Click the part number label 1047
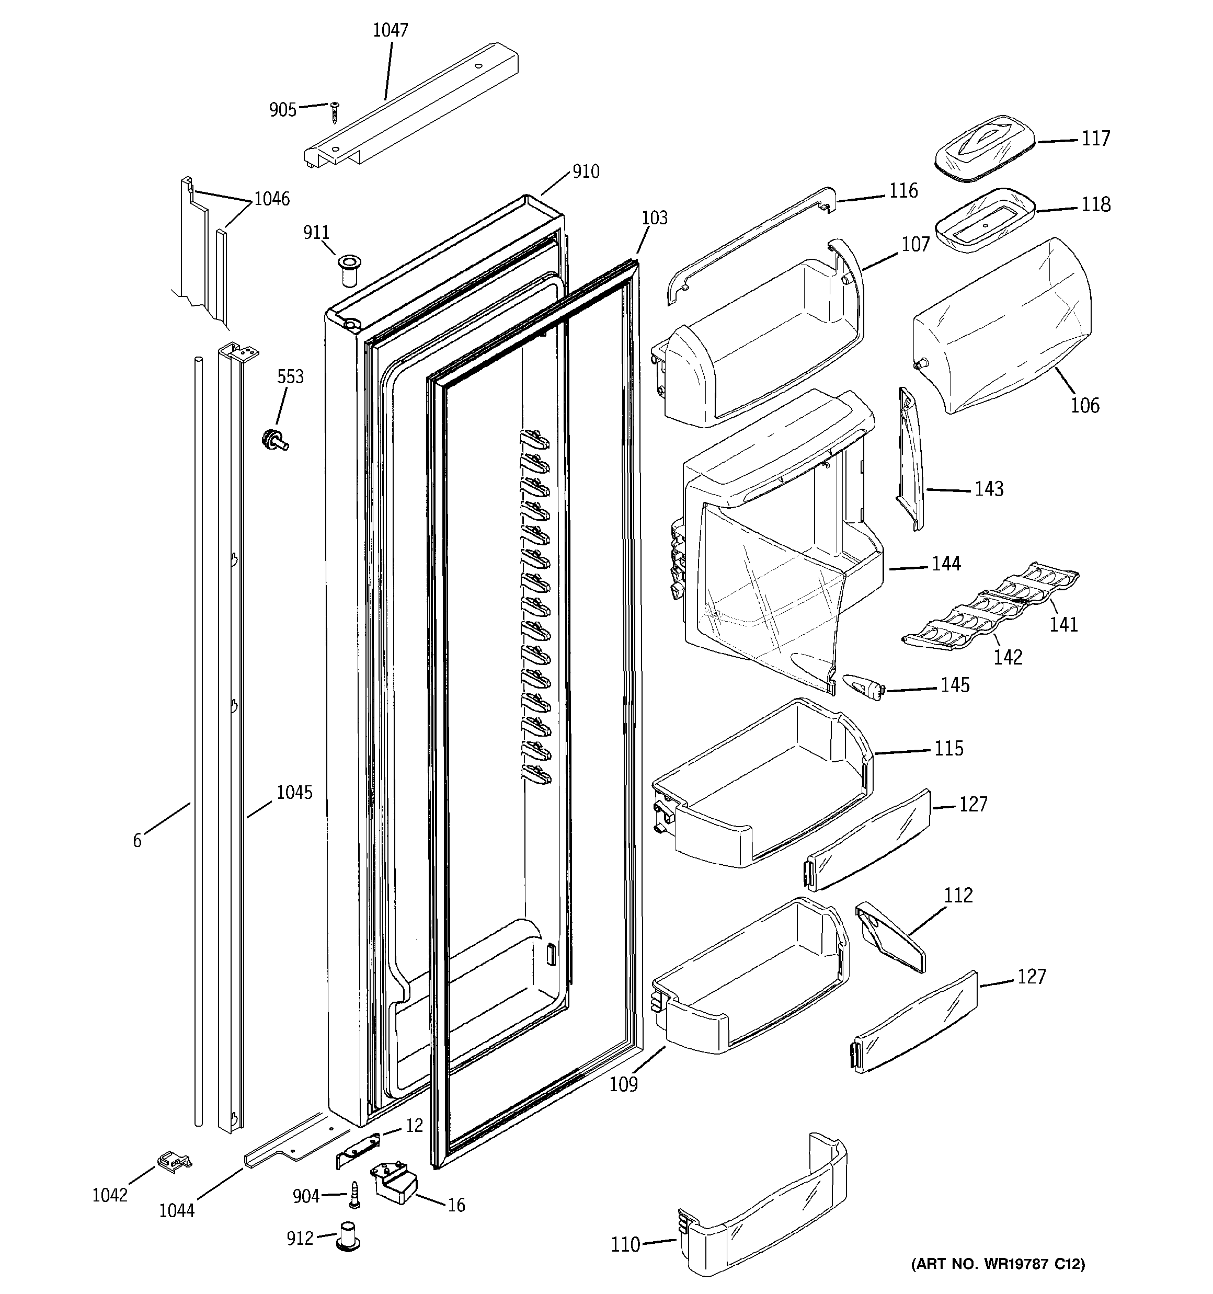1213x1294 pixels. pyautogui.click(x=390, y=30)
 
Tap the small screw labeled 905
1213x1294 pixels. pyautogui.click(x=335, y=112)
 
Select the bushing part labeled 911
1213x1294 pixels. pyautogui.click(x=350, y=271)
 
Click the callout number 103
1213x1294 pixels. pyautogui.click(x=655, y=218)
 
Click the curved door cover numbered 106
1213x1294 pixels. pyautogui.click(x=1003, y=325)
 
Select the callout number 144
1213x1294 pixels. pyautogui.click(x=945, y=564)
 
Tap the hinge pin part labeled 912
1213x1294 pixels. pyautogui.click(x=348, y=1235)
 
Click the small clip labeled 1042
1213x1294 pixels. pyautogui.click(x=173, y=1161)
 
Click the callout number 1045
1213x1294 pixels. pyautogui.click(x=294, y=792)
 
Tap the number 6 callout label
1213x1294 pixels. pyautogui.click(x=138, y=841)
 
